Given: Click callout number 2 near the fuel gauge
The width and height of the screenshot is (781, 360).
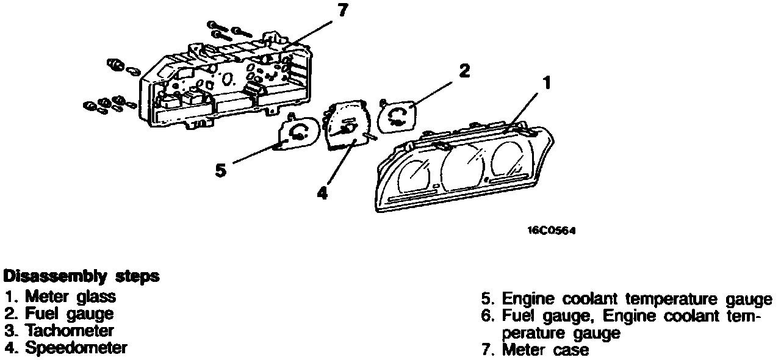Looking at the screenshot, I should tap(464, 71).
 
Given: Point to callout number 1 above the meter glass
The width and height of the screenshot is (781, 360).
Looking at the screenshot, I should tap(547, 82).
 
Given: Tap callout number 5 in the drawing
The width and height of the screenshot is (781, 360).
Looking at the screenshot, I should tap(221, 170).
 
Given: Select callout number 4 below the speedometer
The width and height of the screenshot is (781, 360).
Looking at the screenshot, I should tap(322, 192).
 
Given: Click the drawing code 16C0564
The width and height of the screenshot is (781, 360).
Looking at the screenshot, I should tap(552, 231).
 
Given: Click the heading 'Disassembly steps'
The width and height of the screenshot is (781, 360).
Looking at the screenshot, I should tap(81, 276).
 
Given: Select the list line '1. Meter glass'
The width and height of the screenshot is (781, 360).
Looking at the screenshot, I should tap(60, 297).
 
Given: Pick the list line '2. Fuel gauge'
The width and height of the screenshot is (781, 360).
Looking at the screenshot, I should tap(59, 314).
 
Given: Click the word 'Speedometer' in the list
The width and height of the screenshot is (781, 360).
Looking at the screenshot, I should tap(76, 348).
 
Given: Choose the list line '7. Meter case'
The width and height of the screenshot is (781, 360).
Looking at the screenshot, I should tap(535, 350).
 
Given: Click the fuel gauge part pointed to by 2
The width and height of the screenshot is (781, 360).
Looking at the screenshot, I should tap(397, 115).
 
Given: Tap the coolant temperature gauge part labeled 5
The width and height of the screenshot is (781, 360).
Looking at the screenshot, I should tap(297, 132).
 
